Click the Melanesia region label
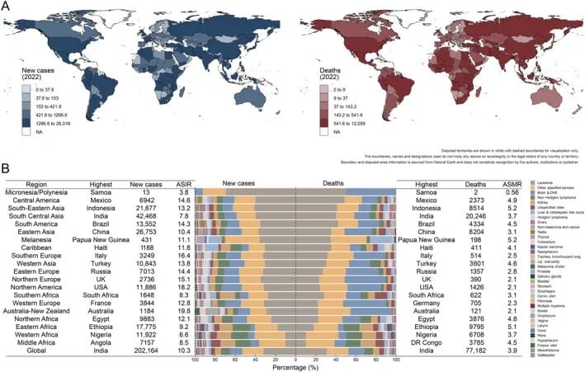coord(34,239)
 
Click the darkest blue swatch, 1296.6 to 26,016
coord(27,129)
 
